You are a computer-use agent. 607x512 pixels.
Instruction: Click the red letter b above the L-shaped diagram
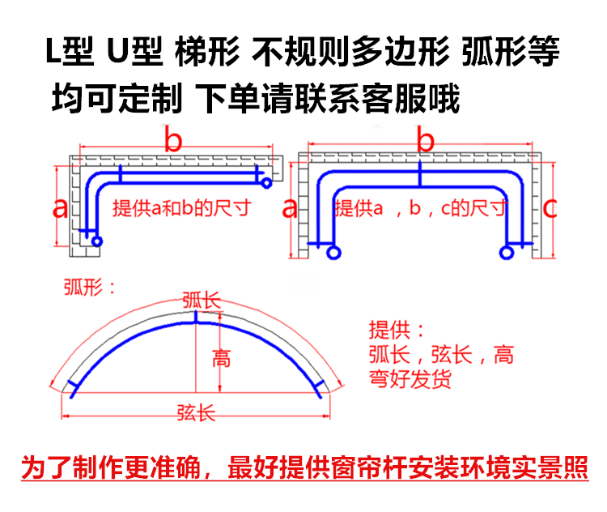click(x=172, y=139)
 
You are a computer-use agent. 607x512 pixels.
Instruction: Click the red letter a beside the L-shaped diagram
click(x=60, y=208)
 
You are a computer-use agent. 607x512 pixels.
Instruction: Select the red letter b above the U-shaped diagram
click(x=425, y=139)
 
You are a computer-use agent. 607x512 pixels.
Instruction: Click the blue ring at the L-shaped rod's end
click(x=96, y=241)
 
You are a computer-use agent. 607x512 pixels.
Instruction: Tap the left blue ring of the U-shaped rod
click(x=333, y=254)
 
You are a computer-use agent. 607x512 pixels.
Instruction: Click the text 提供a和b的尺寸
click(x=180, y=208)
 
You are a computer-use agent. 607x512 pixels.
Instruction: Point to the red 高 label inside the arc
click(x=220, y=357)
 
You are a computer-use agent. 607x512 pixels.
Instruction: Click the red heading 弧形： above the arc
click(x=89, y=287)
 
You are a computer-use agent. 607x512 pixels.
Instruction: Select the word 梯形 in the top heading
click(x=206, y=55)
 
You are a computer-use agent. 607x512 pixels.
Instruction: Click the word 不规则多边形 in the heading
click(x=350, y=55)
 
